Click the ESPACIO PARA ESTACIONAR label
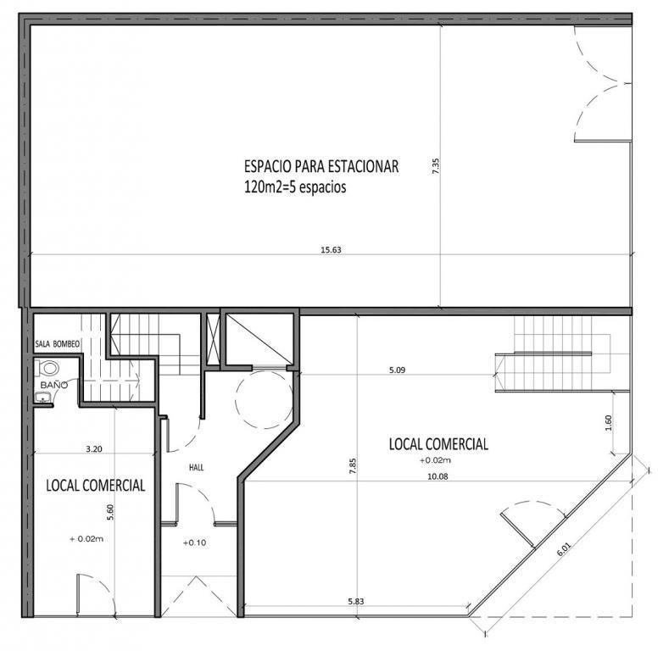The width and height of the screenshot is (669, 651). (x=321, y=166)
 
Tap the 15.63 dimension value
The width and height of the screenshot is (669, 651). (x=331, y=250)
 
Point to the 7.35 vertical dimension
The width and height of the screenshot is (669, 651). (x=436, y=165)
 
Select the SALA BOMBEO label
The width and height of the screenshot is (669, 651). (x=57, y=344)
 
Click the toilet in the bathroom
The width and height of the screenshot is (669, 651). (x=46, y=368)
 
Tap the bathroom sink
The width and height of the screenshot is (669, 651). (x=42, y=398)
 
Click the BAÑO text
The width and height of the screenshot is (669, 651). (x=54, y=385)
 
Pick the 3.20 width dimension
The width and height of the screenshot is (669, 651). (x=94, y=448)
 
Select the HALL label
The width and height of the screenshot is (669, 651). (x=196, y=468)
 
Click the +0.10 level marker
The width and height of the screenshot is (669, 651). (x=194, y=542)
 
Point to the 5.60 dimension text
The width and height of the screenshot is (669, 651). (x=110, y=512)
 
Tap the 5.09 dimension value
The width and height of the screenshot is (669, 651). (x=397, y=370)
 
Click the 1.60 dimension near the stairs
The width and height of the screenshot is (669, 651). (x=609, y=423)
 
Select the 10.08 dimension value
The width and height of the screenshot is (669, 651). (x=438, y=476)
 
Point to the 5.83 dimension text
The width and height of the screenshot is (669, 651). (x=356, y=602)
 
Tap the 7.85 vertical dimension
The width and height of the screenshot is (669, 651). (x=353, y=466)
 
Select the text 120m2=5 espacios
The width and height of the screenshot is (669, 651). (x=295, y=187)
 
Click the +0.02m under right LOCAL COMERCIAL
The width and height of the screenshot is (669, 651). (x=435, y=460)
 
